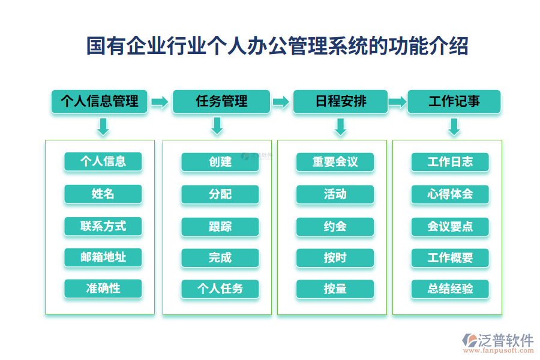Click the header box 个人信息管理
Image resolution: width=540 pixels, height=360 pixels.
pos(100,101)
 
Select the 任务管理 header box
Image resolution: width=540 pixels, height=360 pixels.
pos(221,101)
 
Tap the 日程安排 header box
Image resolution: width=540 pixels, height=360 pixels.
pos(340,101)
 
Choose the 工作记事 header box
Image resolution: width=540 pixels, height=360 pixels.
pos(454,101)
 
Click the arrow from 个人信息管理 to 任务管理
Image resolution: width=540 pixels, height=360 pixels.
pos(160,102)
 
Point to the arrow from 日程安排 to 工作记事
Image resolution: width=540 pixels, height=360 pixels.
pos(397,102)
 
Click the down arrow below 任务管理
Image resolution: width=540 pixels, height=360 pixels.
pos(217,126)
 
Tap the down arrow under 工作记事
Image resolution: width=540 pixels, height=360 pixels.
pos(454,126)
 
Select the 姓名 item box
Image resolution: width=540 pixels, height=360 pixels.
pos(103,194)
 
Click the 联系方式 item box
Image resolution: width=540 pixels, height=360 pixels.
pos(103,226)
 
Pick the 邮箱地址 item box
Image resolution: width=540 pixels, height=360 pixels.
pos(103,257)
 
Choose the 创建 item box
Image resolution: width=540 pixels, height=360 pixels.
pos(220,162)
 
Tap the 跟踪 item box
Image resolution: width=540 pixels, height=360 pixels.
pos(220,226)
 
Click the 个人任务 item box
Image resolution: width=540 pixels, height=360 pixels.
pos(220,289)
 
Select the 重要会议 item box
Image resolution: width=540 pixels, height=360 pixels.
pos(335,162)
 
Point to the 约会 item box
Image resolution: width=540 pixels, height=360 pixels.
pos(335,226)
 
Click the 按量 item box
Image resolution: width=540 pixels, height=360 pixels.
pos(335,289)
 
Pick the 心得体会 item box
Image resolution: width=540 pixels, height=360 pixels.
pos(450,194)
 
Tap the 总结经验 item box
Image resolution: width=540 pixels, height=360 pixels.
pos(450,289)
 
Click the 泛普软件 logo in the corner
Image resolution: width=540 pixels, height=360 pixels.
pos(498,343)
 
